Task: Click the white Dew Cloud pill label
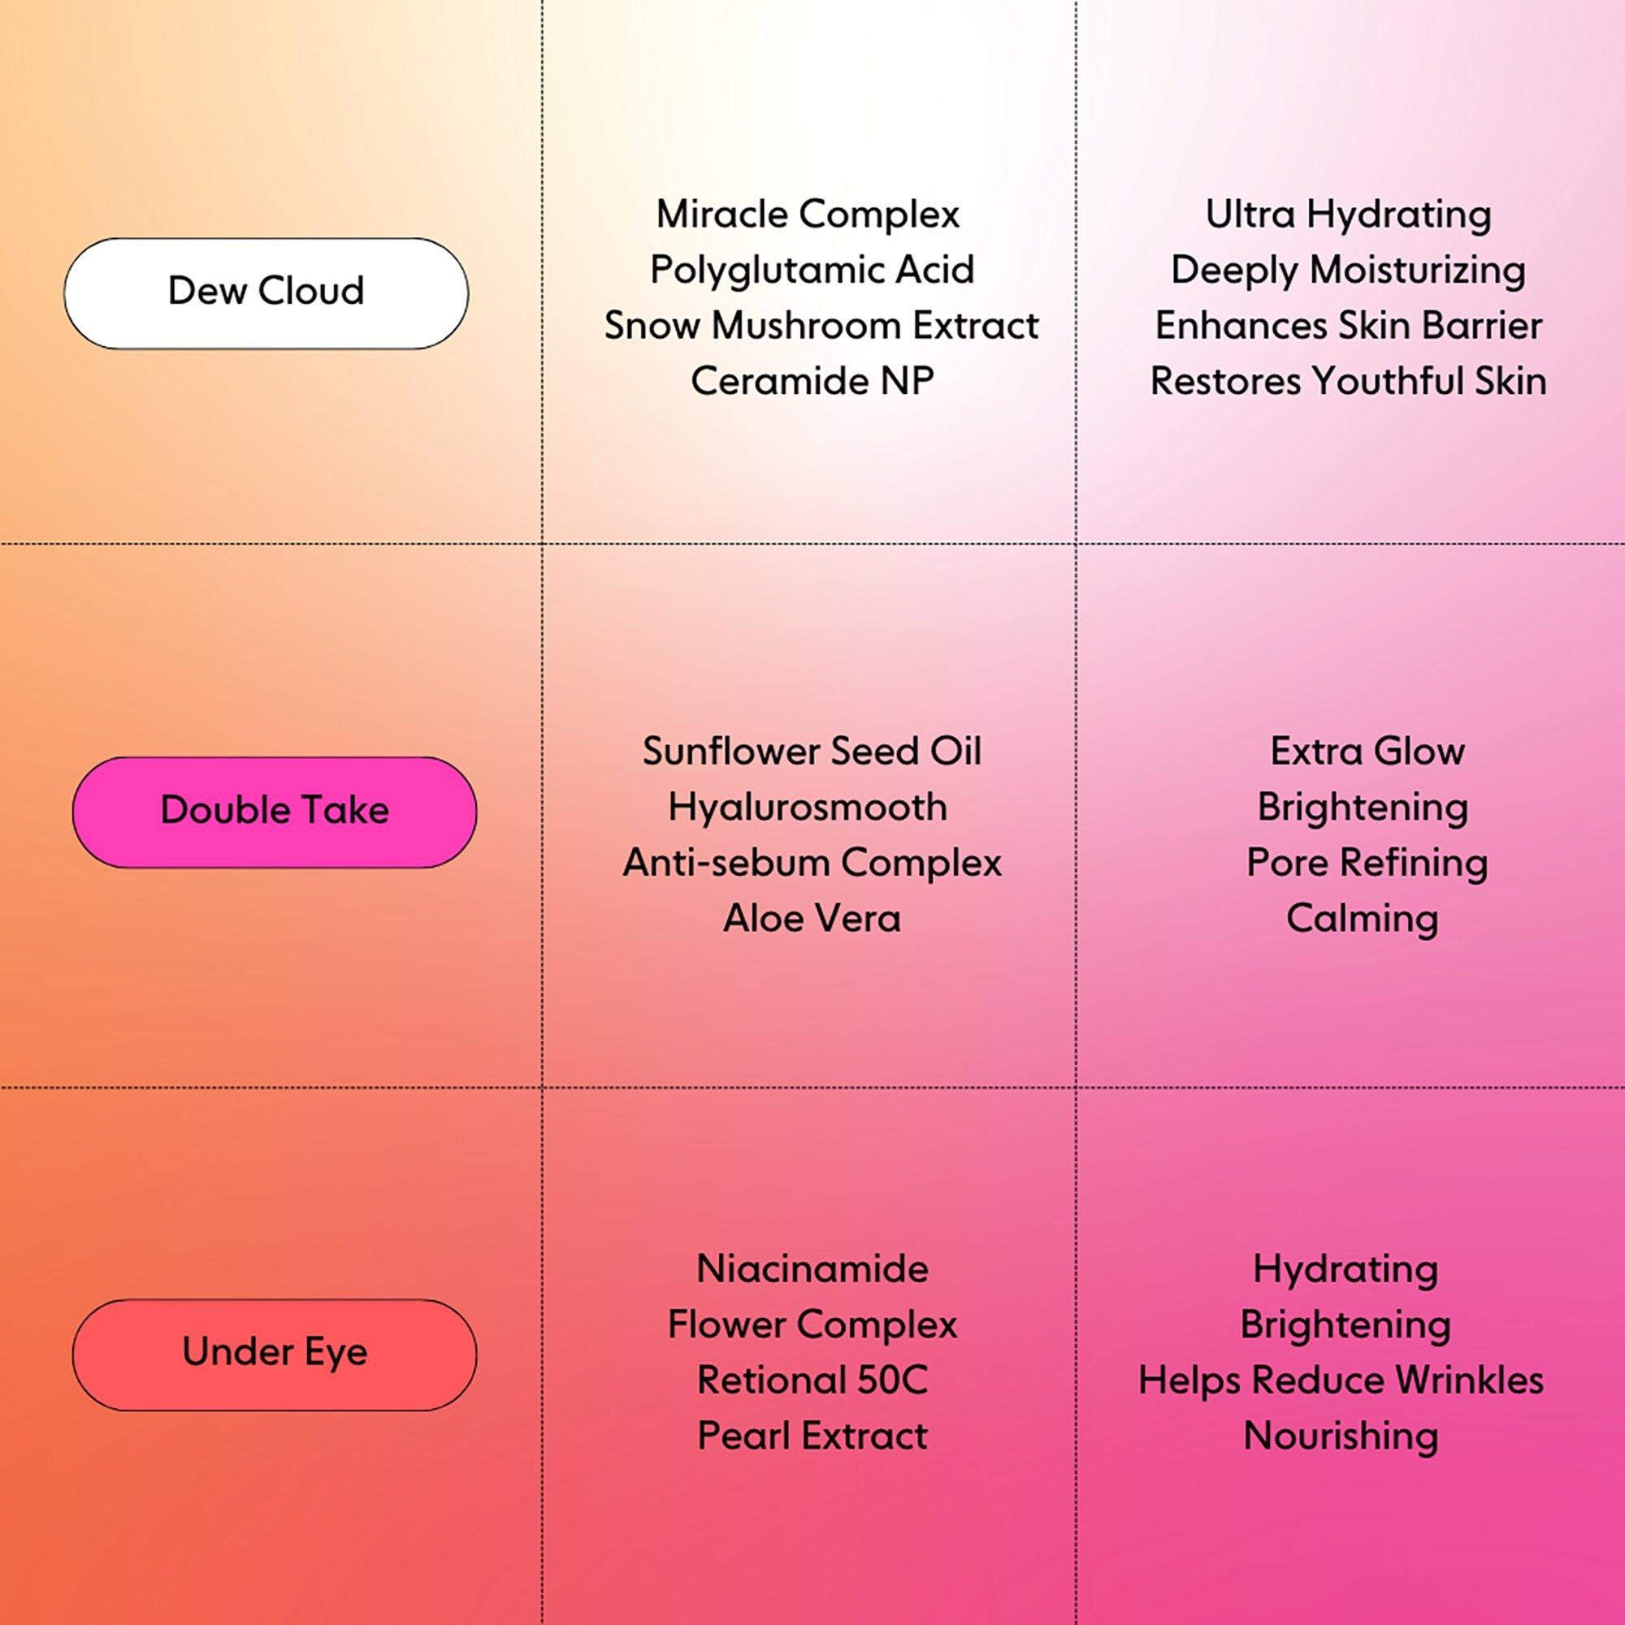click(x=266, y=292)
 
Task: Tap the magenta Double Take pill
click(x=274, y=812)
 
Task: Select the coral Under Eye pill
click(x=274, y=1354)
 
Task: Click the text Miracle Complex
click(x=808, y=214)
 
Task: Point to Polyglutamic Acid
click(x=812, y=270)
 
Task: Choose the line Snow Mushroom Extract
click(x=821, y=327)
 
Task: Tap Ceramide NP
click(x=812, y=381)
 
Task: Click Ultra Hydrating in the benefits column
click(x=1348, y=214)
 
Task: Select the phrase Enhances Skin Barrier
click(x=1348, y=327)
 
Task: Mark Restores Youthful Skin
click(x=1348, y=381)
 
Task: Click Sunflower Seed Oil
click(x=812, y=751)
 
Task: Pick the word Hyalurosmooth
click(x=808, y=808)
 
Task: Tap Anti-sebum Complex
click(x=812, y=863)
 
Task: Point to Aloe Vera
click(x=812, y=918)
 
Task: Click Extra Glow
click(x=1367, y=751)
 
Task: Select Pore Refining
click(x=1367, y=863)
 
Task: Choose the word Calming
click(x=1362, y=918)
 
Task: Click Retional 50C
click(x=812, y=1380)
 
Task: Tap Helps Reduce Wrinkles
click(x=1341, y=1380)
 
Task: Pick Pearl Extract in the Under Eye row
click(x=812, y=1436)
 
